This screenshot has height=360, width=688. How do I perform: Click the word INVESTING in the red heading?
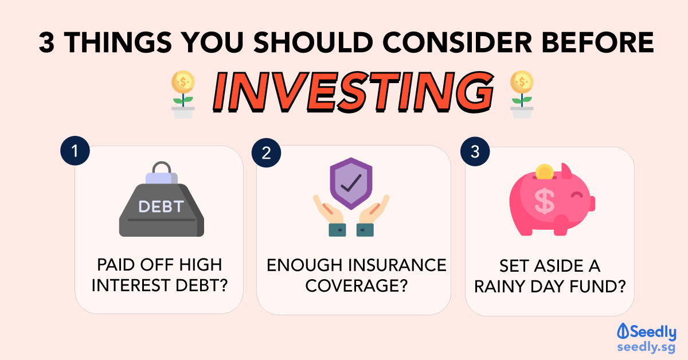coord(353,92)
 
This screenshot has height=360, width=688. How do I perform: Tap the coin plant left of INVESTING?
coord(183,95)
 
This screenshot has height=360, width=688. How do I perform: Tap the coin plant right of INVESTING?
coord(522,95)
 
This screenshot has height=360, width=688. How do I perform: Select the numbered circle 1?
coord(75,151)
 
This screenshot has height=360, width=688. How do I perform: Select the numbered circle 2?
coord(266,152)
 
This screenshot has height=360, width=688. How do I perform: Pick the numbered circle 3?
coord(475,151)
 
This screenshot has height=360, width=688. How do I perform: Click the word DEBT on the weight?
coord(161,206)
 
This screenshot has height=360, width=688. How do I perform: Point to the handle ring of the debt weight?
coord(162,167)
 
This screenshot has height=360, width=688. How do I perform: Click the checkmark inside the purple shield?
coord(351,183)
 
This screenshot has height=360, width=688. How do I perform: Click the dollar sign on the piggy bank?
coord(545,201)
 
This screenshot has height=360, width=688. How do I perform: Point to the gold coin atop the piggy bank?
coord(545,172)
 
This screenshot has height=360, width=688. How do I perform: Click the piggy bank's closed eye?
coord(577,194)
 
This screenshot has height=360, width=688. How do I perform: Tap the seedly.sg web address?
coord(646,347)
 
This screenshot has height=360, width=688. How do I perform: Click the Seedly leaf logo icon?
coord(623,331)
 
